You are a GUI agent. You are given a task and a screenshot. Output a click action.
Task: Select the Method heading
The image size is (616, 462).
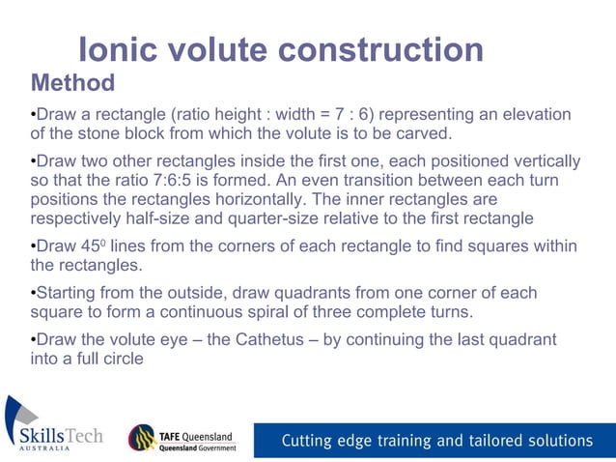point(72,82)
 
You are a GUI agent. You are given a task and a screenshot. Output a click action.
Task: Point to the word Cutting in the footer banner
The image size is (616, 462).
point(308,441)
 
